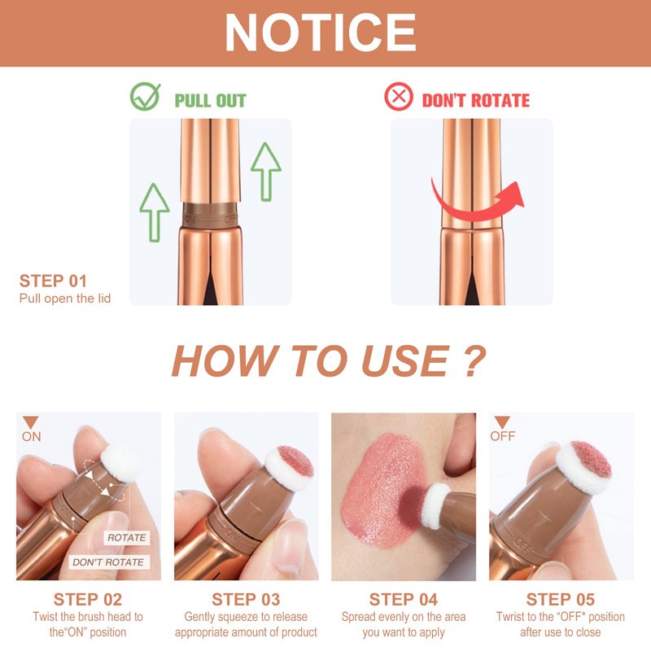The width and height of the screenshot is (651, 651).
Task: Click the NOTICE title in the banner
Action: coord(320,33)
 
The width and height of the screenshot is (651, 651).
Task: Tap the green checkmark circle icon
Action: coord(145,97)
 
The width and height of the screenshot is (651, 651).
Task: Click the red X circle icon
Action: coord(399,97)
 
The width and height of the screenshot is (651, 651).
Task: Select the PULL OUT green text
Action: coord(211,100)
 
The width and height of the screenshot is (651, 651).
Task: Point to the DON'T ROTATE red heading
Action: coord(476,100)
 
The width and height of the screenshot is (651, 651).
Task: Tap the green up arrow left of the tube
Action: coord(155,212)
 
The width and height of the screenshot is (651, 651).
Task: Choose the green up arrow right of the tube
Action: coord(266,172)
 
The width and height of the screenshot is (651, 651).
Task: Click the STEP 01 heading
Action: coord(53,281)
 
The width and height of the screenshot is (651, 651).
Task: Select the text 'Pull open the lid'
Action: coord(65,299)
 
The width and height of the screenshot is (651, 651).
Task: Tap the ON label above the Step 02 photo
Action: coord(32,437)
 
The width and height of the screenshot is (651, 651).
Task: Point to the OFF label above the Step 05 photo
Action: coord(502,436)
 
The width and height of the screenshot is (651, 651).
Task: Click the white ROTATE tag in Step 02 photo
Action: coord(127,538)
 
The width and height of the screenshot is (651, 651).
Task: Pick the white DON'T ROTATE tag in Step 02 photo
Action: coord(108,562)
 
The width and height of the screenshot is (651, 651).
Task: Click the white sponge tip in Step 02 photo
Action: coord(121,462)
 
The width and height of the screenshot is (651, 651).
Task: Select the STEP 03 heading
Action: coord(246,600)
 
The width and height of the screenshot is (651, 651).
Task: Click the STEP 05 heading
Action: coord(561,600)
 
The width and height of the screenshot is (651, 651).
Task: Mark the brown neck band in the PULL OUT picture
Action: coord(210,216)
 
